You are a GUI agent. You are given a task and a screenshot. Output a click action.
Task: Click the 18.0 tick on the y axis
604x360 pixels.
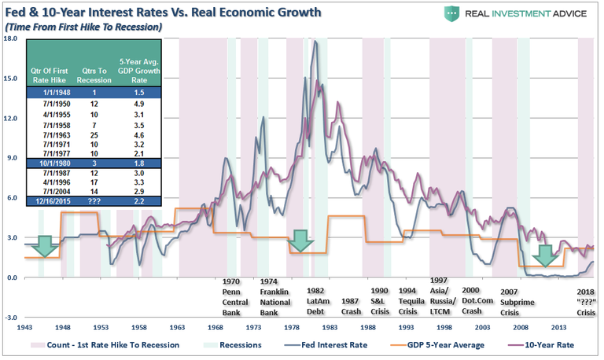click(x=10, y=38)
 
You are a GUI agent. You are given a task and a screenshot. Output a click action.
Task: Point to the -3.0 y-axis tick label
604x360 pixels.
click(x=10, y=318)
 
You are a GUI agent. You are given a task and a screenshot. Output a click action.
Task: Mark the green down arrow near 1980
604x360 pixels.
click(x=300, y=241)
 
